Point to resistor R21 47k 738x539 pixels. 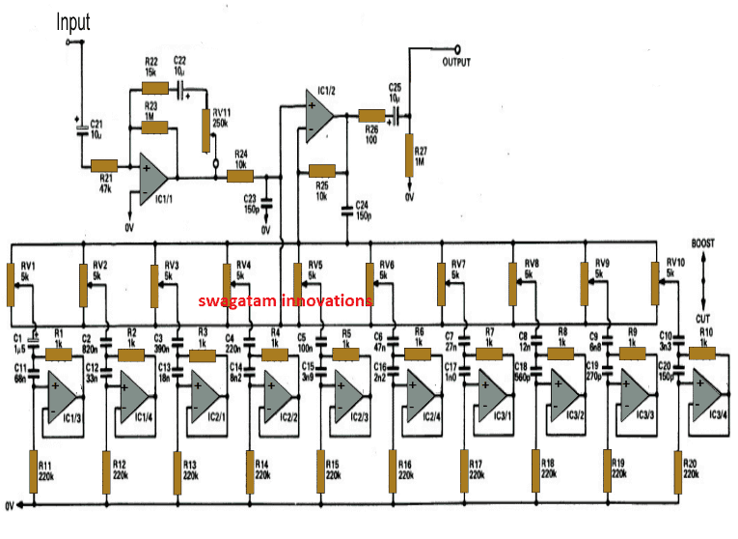point(104,166)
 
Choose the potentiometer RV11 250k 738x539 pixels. point(205,131)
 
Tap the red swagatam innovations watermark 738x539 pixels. point(286,300)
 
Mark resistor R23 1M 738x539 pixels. point(153,126)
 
